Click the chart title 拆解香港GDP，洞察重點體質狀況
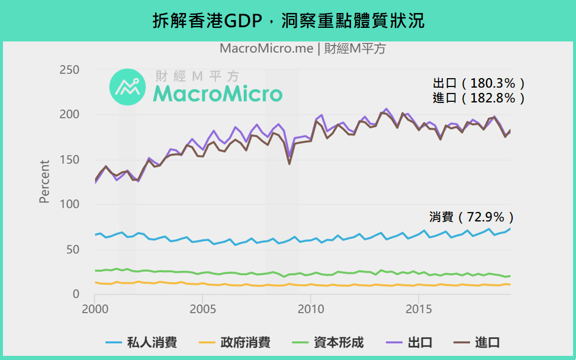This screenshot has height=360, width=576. pyautogui.click(x=288, y=21)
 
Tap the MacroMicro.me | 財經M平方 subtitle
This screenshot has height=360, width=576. pyautogui.click(x=303, y=49)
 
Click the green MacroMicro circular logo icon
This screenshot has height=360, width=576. pyautogui.click(x=127, y=88)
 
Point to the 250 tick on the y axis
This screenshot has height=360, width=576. pyautogui.click(x=70, y=70)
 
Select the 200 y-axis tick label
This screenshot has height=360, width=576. pyautogui.click(x=70, y=115)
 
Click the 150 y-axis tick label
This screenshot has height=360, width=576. pyautogui.click(x=70, y=160)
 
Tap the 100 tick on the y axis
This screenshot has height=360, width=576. pyautogui.click(x=70, y=205)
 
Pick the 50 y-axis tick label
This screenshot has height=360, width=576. pyautogui.click(x=73, y=250)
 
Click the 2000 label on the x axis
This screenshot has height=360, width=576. pyautogui.click(x=94, y=310)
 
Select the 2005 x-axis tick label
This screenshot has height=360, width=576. pyautogui.click(x=202, y=310)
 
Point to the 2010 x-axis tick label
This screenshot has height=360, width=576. pyautogui.click(x=310, y=310)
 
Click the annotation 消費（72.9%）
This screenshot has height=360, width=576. pyautogui.click(x=471, y=217)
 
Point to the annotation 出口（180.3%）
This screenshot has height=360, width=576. pyautogui.click(x=479, y=83)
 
